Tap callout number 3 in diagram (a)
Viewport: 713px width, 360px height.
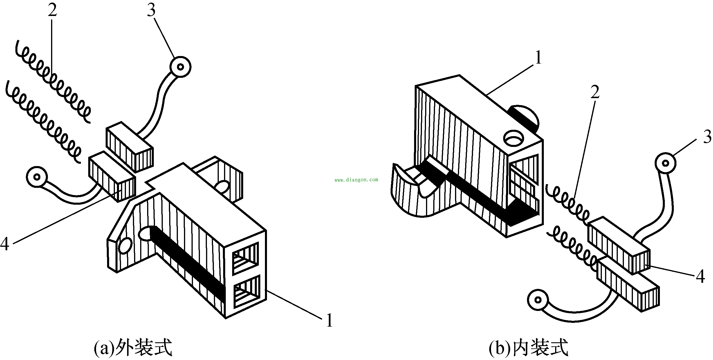(x=151, y=10)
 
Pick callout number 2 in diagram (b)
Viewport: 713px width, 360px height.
(x=595, y=92)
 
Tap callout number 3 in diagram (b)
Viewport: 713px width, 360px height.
(x=707, y=137)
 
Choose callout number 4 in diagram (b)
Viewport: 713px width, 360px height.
(x=700, y=276)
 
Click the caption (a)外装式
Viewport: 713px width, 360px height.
(x=133, y=348)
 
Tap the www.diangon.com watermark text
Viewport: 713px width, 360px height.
(x=356, y=180)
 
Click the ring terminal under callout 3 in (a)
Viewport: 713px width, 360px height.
(x=180, y=67)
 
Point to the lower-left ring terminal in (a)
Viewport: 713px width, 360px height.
(x=37, y=177)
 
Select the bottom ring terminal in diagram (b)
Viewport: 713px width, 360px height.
(x=538, y=300)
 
